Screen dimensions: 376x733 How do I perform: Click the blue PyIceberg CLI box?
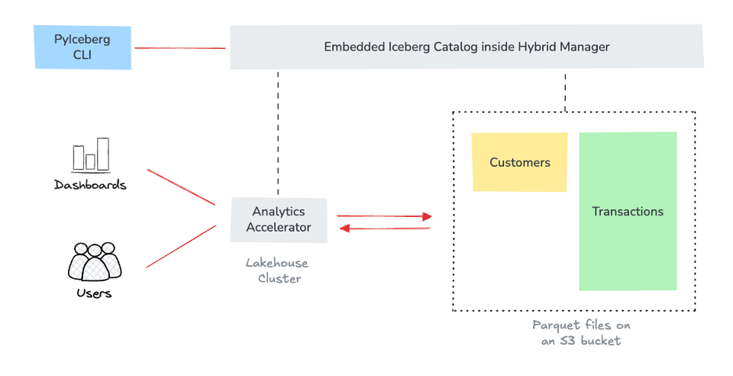[82, 47]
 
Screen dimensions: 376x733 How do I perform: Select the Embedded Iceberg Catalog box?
[467, 47]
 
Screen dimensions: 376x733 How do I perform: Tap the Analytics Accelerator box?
[279, 219]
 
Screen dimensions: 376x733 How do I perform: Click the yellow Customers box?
[519, 162]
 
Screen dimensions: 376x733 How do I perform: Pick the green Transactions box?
[628, 212]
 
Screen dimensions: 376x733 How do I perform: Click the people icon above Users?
[95, 262]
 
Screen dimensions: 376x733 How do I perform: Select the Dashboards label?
[90, 185]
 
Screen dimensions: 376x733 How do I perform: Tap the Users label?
[94, 293]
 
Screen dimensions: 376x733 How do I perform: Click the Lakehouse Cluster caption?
[277, 271]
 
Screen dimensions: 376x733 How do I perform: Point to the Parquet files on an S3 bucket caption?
[581, 332]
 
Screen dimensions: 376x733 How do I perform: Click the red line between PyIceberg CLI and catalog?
[180, 48]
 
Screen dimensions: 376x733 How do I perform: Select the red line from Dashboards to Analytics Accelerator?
[181, 187]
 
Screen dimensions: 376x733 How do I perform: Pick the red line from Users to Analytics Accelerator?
[181, 246]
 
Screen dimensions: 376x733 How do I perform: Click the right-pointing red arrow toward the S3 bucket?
[384, 216]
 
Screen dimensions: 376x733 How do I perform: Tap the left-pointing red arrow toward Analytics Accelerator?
[384, 228]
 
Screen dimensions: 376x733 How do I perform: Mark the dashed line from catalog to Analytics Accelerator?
[278, 133]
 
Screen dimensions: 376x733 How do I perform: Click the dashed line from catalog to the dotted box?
[565, 91]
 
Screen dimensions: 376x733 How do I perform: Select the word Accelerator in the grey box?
[279, 227]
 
